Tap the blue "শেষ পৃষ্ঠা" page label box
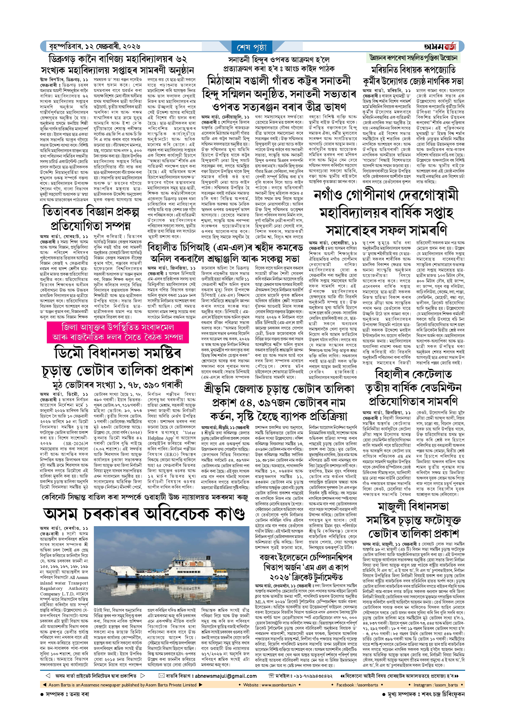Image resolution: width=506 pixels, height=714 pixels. tap(252, 48)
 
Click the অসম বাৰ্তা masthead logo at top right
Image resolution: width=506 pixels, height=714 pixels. tap(440, 47)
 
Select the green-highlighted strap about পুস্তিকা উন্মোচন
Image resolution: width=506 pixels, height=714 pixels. tap(413, 58)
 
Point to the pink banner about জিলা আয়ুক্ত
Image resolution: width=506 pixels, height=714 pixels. tap(117, 332)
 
